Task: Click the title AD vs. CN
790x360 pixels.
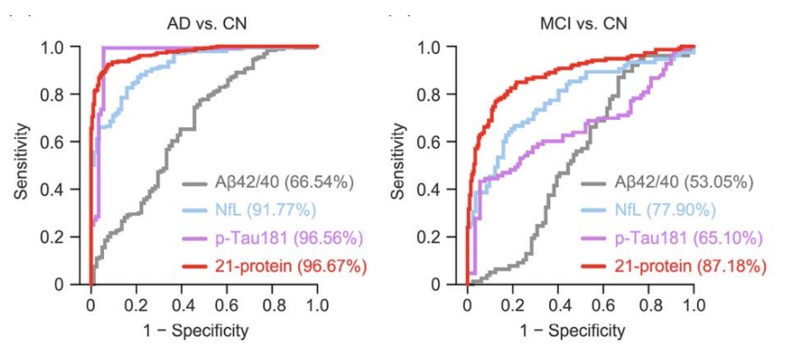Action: click(x=204, y=21)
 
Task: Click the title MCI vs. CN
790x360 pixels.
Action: click(x=580, y=21)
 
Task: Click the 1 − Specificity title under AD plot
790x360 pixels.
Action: click(x=204, y=331)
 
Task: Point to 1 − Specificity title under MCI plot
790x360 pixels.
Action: click(x=580, y=331)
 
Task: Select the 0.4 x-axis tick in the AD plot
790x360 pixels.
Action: click(x=181, y=305)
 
